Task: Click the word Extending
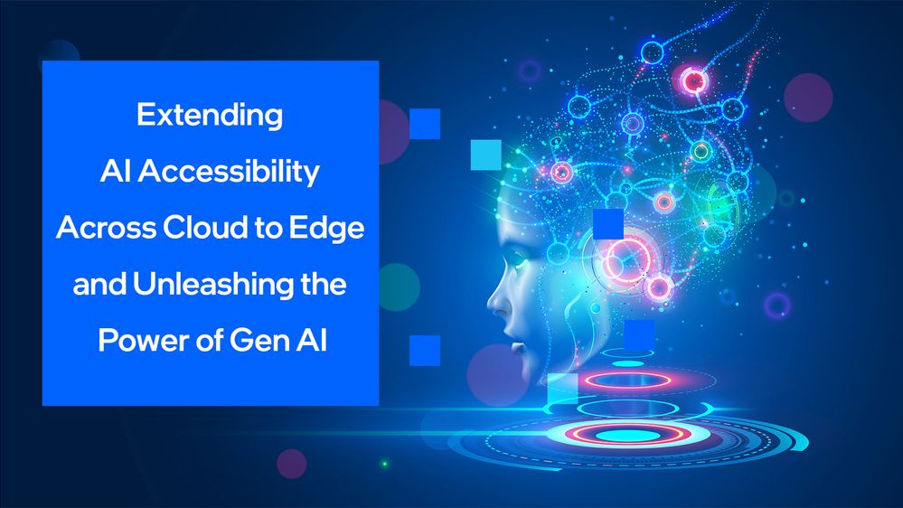[210, 115]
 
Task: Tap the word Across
[107, 228]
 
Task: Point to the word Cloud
[204, 227]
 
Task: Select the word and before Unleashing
[99, 284]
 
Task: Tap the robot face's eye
[518, 261]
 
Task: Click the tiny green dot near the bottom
[385, 464]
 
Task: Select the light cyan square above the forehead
[486, 155]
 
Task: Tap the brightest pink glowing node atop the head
[694, 80]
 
